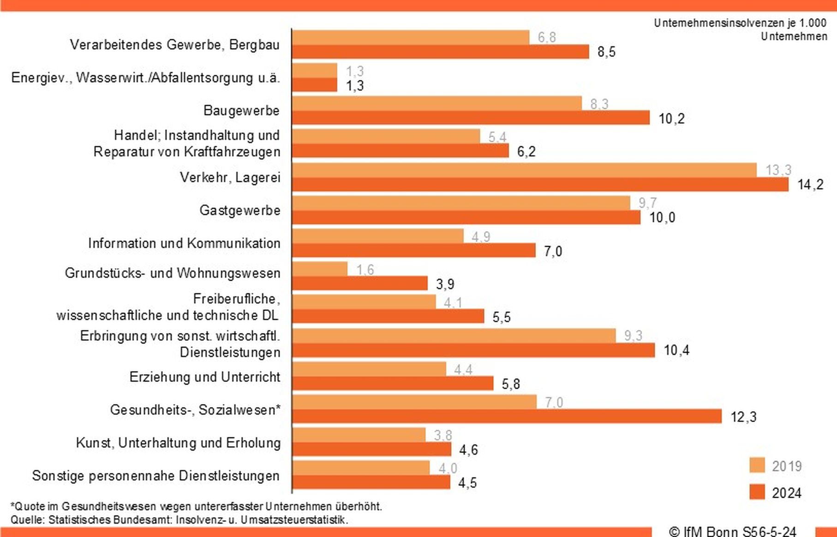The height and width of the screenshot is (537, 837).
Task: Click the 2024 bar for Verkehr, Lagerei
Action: pos(540,185)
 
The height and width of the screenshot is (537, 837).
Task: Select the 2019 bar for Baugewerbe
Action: pos(436,103)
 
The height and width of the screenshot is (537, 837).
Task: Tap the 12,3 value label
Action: pos(743,417)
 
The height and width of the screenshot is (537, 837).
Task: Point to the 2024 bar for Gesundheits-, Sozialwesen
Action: pos(507,416)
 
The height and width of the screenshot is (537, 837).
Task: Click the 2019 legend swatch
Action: pos(757,465)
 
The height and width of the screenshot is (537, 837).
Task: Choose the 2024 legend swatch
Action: pos(757,492)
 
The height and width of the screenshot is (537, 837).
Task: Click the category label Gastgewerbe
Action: pos(240,211)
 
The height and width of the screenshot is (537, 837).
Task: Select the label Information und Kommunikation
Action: pos(184,243)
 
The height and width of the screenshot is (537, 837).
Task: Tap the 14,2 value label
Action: pos(810,185)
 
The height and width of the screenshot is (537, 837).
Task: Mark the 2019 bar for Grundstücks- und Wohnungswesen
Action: pos(320,269)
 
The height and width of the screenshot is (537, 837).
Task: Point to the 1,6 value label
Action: pos(365,269)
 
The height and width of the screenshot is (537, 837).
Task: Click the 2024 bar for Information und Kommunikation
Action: pos(413,251)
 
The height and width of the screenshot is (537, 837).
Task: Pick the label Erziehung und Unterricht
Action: pos(204,377)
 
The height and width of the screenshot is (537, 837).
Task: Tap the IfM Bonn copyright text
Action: pos(732,531)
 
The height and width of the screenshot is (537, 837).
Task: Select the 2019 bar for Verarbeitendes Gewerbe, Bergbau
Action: pos(411,37)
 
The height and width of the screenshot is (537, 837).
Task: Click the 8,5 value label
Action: pos(606,52)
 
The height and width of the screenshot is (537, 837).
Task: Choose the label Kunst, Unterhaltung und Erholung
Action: pos(178,443)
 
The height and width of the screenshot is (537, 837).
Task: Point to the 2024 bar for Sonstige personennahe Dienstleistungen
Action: pos(371,482)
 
